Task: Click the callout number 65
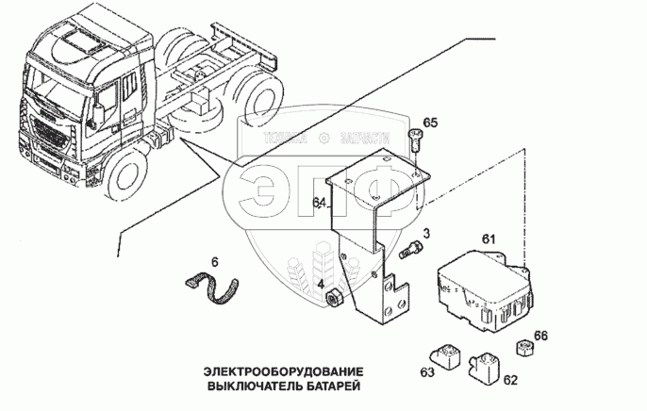[x=430, y=123]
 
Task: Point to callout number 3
[x=426, y=233]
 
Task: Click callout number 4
[x=321, y=286]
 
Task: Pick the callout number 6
[x=214, y=261]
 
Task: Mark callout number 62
[x=510, y=381]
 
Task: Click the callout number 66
[x=540, y=336]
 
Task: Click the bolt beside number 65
[x=416, y=142]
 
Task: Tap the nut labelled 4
[x=334, y=300]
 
